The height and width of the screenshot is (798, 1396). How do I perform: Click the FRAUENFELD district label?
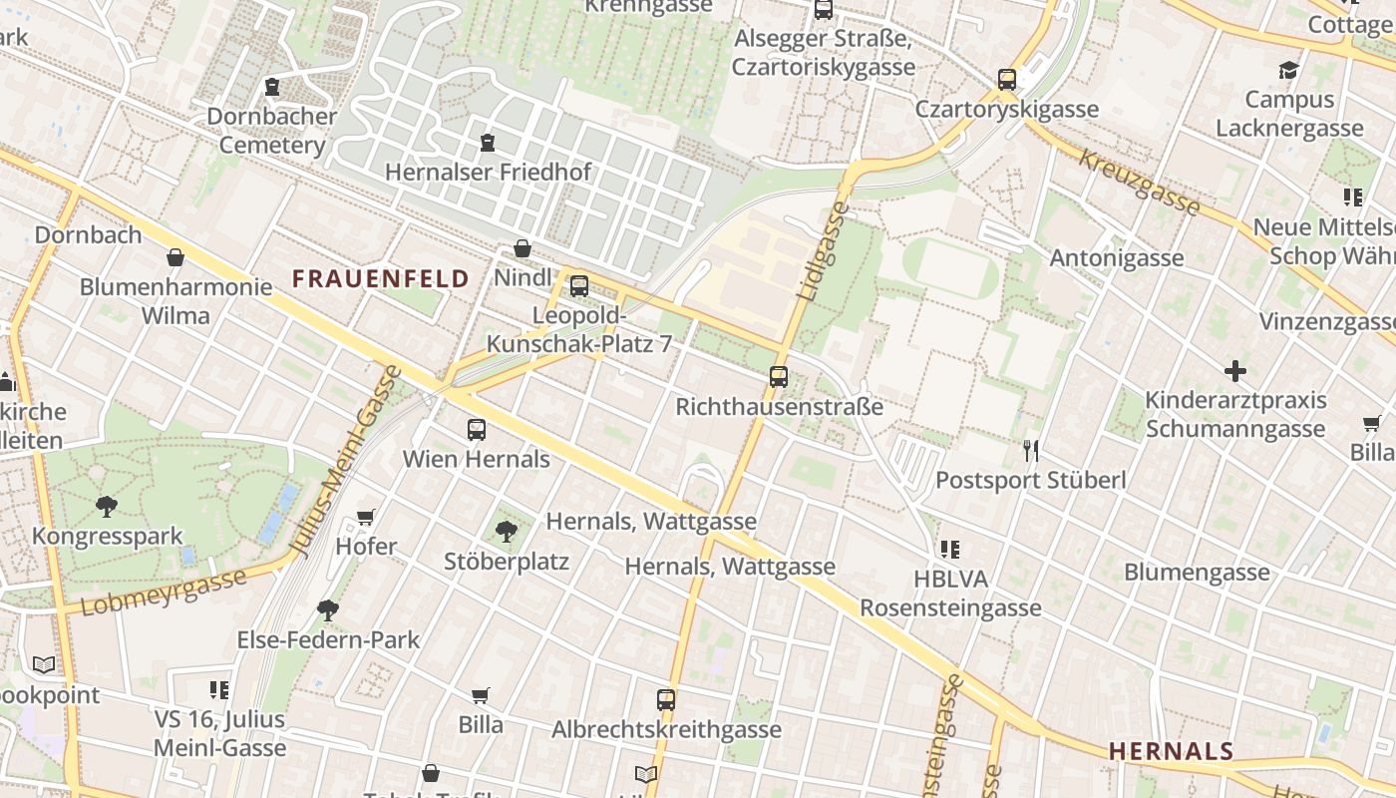coord(380,278)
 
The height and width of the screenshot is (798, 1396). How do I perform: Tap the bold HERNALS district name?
coord(1171,750)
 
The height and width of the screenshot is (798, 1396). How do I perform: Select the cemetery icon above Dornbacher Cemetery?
coord(272,88)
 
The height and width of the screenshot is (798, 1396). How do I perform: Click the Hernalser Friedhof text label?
coord(488,172)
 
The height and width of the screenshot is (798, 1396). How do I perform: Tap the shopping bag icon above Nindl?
coord(522,248)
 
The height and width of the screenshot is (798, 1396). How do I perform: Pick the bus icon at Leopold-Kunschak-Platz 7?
coord(578,287)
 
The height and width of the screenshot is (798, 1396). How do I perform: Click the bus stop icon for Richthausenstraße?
coord(779,377)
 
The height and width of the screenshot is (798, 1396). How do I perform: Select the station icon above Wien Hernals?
coord(477,430)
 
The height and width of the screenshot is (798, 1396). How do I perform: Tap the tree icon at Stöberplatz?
coord(506,531)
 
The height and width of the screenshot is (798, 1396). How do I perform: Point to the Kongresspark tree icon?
coord(107,506)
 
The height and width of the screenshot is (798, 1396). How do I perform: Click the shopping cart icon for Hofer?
coord(365,517)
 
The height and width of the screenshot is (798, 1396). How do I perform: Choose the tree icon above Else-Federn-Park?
coord(327,609)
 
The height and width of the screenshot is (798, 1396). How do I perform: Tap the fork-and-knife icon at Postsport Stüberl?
coord(1030,451)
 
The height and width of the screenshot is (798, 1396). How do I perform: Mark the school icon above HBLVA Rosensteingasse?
coord(950,549)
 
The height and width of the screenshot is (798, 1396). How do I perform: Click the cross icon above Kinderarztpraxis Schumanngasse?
coord(1234,371)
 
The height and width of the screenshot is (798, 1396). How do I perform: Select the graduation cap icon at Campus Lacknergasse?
coord(1288,70)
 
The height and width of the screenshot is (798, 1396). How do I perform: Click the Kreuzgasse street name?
coord(1139,183)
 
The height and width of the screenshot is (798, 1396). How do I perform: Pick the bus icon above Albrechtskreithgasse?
coord(666,700)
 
